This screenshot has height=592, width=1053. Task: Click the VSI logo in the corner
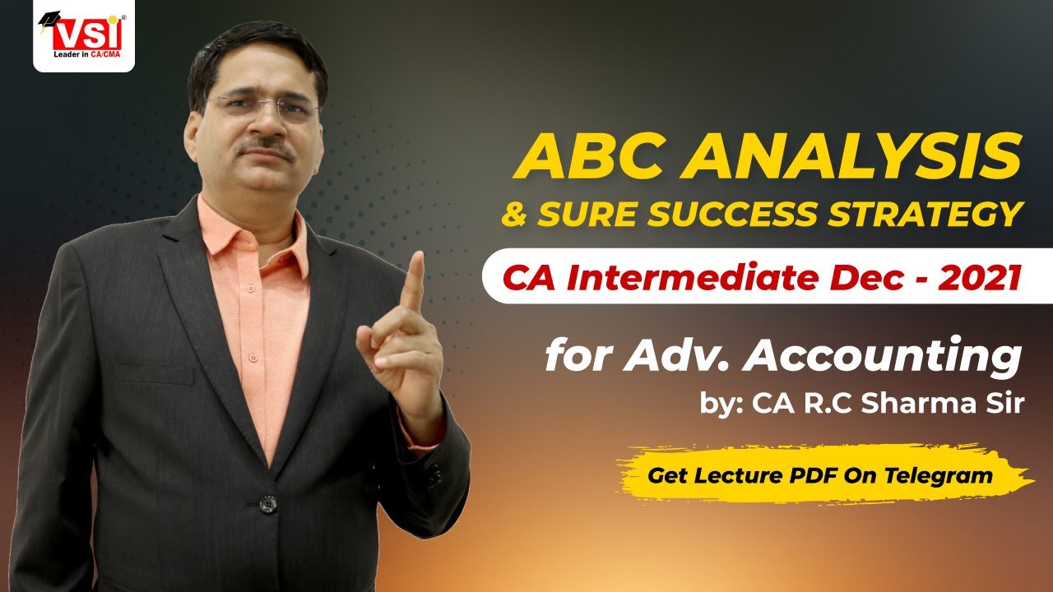click(x=83, y=38)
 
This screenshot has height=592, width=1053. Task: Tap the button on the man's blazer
click(x=267, y=502)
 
